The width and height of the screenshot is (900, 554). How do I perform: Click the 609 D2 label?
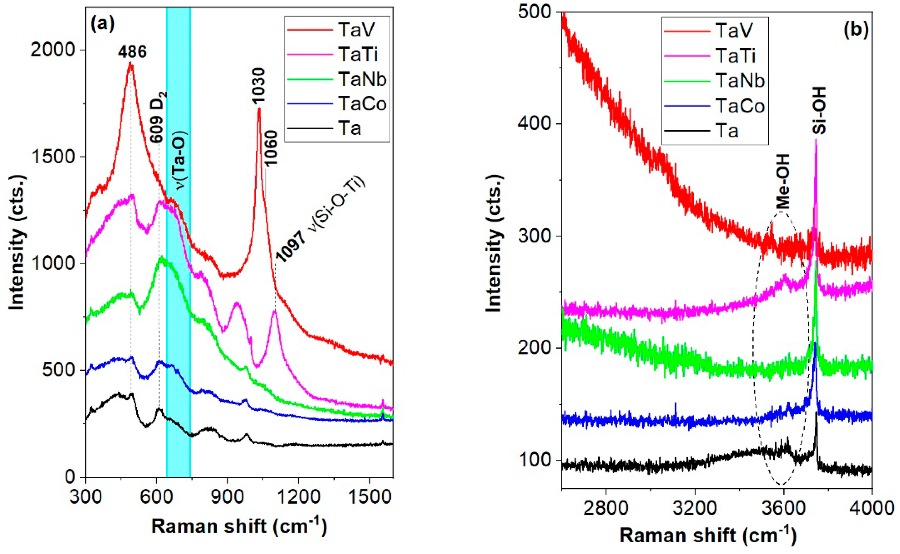click(158, 117)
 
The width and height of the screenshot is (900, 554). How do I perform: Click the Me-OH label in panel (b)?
click(782, 181)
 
